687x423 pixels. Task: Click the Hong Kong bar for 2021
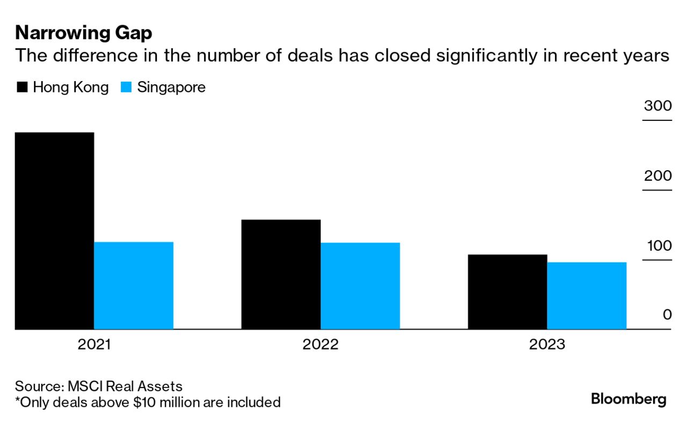[x=54, y=231]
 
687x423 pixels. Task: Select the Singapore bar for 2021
[x=134, y=286]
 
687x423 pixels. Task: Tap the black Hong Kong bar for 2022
[x=281, y=274]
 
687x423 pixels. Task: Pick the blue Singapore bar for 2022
[x=360, y=286]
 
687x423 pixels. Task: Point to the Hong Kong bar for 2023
[x=508, y=292]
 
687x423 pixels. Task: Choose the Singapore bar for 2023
[x=587, y=296]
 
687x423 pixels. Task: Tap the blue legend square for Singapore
[x=126, y=87]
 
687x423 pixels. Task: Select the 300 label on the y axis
[x=658, y=106]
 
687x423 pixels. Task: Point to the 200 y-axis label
[x=658, y=176]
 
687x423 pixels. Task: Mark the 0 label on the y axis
[x=667, y=315]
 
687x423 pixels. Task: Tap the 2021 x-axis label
[x=94, y=344]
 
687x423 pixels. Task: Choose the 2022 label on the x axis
[x=321, y=344]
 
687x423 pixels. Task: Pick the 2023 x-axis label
[x=547, y=344]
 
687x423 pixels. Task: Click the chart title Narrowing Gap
[x=84, y=33]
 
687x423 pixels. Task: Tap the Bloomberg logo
[x=628, y=399]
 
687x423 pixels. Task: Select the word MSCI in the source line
[x=86, y=386]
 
